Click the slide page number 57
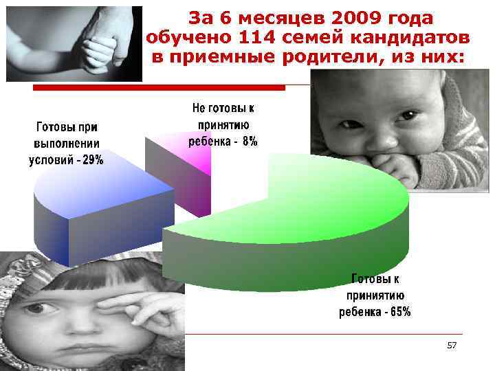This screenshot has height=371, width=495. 452,345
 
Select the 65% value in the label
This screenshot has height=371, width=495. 398,312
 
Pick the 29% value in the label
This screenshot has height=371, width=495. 91,159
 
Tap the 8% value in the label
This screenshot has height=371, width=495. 250,142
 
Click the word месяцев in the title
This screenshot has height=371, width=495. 275,17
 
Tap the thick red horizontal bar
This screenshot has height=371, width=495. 159,88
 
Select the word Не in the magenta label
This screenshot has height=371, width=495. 198,109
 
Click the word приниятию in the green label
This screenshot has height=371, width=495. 375,295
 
